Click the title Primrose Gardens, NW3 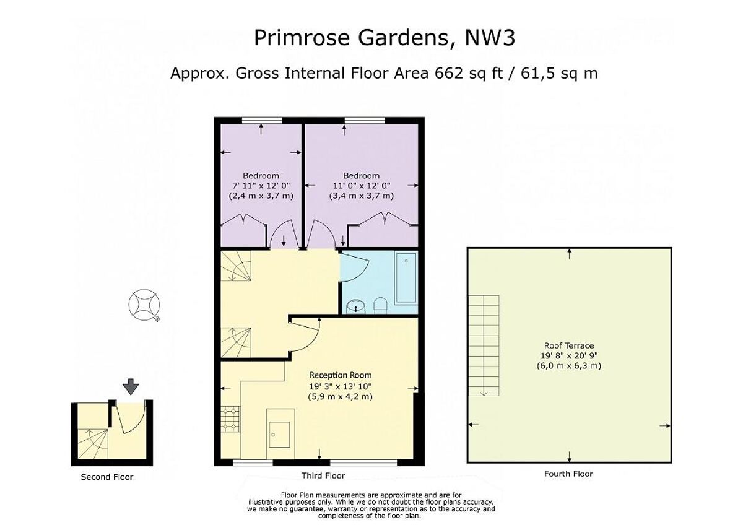tap(385, 38)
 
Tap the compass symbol tap(144, 305)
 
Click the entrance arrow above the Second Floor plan tap(131, 388)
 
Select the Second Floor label tap(107, 477)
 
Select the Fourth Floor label tap(568, 474)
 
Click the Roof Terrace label tap(568, 345)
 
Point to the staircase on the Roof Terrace tap(484, 345)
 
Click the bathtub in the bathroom tap(406, 278)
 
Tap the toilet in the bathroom tap(380, 304)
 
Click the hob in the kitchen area tap(229, 420)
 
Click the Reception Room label tap(341, 375)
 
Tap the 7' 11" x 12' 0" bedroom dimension tap(261, 186)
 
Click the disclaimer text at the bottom tap(371, 505)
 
